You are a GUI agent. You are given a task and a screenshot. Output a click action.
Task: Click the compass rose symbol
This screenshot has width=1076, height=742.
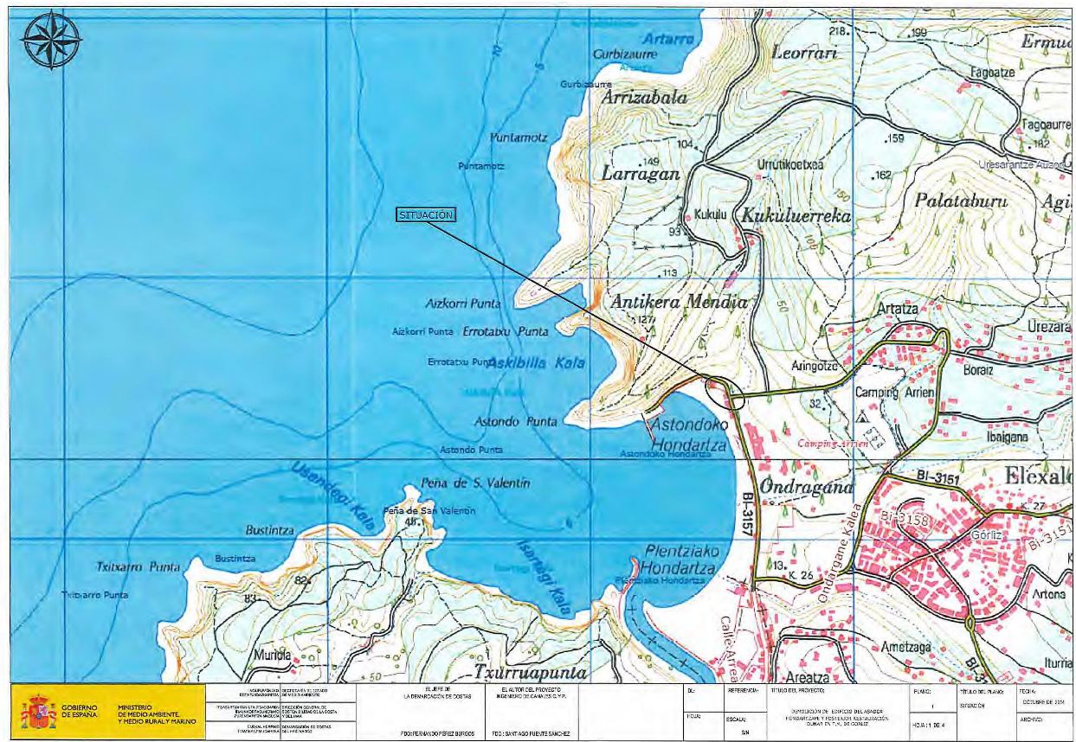click(x=51, y=39)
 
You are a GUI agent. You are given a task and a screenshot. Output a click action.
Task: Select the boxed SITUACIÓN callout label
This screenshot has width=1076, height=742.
click(x=426, y=215)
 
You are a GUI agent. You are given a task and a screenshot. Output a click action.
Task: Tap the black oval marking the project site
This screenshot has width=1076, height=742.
click(x=725, y=394)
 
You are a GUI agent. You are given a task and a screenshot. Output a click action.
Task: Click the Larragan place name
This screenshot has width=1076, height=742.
click(x=636, y=174)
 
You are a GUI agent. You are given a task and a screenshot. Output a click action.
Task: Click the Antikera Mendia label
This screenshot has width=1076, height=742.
click(x=679, y=303)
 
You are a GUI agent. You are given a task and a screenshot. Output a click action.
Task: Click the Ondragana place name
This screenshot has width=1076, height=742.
click(x=795, y=487)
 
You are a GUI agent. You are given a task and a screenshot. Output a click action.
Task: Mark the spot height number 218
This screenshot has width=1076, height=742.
click(x=835, y=32)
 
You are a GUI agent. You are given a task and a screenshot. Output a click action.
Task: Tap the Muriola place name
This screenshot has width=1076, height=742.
click(x=275, y=655)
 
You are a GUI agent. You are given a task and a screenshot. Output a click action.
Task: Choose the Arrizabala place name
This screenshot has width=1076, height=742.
click(x=645, y=98)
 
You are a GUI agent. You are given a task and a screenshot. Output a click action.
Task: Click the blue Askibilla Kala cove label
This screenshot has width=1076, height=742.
click(x=536, y=364)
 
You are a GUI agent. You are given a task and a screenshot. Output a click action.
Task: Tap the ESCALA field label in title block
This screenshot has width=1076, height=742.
click(x=738, y=717)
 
